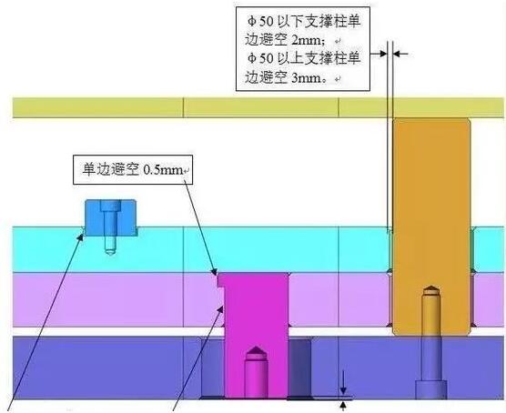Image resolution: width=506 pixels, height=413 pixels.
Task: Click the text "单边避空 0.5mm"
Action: click(132, 169)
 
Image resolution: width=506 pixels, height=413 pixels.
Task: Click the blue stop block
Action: click(110, 217)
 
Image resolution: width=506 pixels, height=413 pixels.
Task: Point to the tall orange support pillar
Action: click(431, 227)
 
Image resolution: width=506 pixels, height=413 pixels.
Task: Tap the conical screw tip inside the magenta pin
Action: click(256, 350)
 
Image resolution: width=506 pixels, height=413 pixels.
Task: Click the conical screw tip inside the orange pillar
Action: click(430, 289)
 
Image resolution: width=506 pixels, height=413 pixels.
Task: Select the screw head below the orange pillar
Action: click(431, 389)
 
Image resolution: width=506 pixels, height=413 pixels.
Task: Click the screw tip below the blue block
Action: click(110, 252)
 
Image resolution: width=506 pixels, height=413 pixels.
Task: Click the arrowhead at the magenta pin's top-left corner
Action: click(213, 271)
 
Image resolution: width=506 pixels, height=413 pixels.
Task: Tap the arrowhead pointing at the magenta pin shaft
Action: click(220, 309)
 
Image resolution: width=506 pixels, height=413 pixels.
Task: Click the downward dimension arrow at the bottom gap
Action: click(343, 390)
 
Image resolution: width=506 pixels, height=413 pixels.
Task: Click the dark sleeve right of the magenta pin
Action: click(299, 368)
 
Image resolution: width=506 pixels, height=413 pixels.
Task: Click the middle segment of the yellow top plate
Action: click(261, 107)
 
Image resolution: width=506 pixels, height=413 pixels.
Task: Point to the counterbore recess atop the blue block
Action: click(110, 206)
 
